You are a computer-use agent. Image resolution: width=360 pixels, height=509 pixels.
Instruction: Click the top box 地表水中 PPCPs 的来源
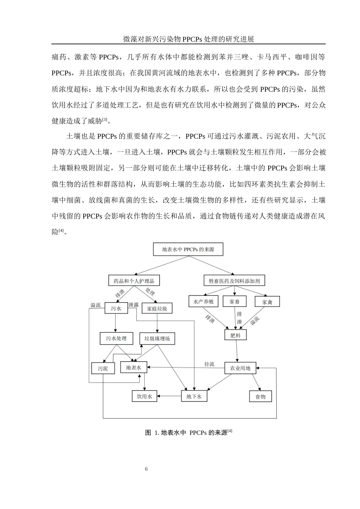[188, 249]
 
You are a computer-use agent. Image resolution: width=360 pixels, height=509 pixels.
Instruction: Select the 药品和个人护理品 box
[134, 280]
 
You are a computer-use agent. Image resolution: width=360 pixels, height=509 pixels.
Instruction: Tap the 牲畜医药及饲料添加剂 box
[234, 280]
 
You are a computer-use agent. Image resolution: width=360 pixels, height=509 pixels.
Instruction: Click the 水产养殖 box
[203, 301]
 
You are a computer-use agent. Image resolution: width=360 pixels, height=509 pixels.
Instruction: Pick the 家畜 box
[235, 301]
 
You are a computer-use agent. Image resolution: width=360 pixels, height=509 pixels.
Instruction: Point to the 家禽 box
[267, 301]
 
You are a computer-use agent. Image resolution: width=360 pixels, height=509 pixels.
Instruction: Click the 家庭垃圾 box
[157, 308]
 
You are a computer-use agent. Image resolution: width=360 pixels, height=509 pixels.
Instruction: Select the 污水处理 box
[116, 338]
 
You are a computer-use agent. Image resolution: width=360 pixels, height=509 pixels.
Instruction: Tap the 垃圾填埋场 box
[157, 339]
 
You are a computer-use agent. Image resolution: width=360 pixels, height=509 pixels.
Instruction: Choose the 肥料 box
[235, 335]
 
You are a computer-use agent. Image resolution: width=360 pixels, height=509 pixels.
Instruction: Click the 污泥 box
[103, 368]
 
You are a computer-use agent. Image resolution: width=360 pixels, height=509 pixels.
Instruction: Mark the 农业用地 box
[240, 368]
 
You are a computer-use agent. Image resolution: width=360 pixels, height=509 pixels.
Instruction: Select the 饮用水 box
[144, 397]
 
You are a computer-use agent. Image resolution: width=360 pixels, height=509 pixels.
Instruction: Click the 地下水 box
[194, 397]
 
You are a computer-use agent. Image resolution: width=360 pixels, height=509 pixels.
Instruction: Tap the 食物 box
[260, 397]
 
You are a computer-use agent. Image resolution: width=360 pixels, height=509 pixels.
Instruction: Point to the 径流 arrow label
[209, 364]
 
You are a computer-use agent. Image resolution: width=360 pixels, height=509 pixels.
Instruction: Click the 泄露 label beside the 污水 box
[133, 305]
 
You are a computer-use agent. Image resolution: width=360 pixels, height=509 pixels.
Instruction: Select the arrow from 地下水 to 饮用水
[169, 396]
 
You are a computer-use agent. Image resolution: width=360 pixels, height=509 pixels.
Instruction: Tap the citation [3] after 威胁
[105, 119]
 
